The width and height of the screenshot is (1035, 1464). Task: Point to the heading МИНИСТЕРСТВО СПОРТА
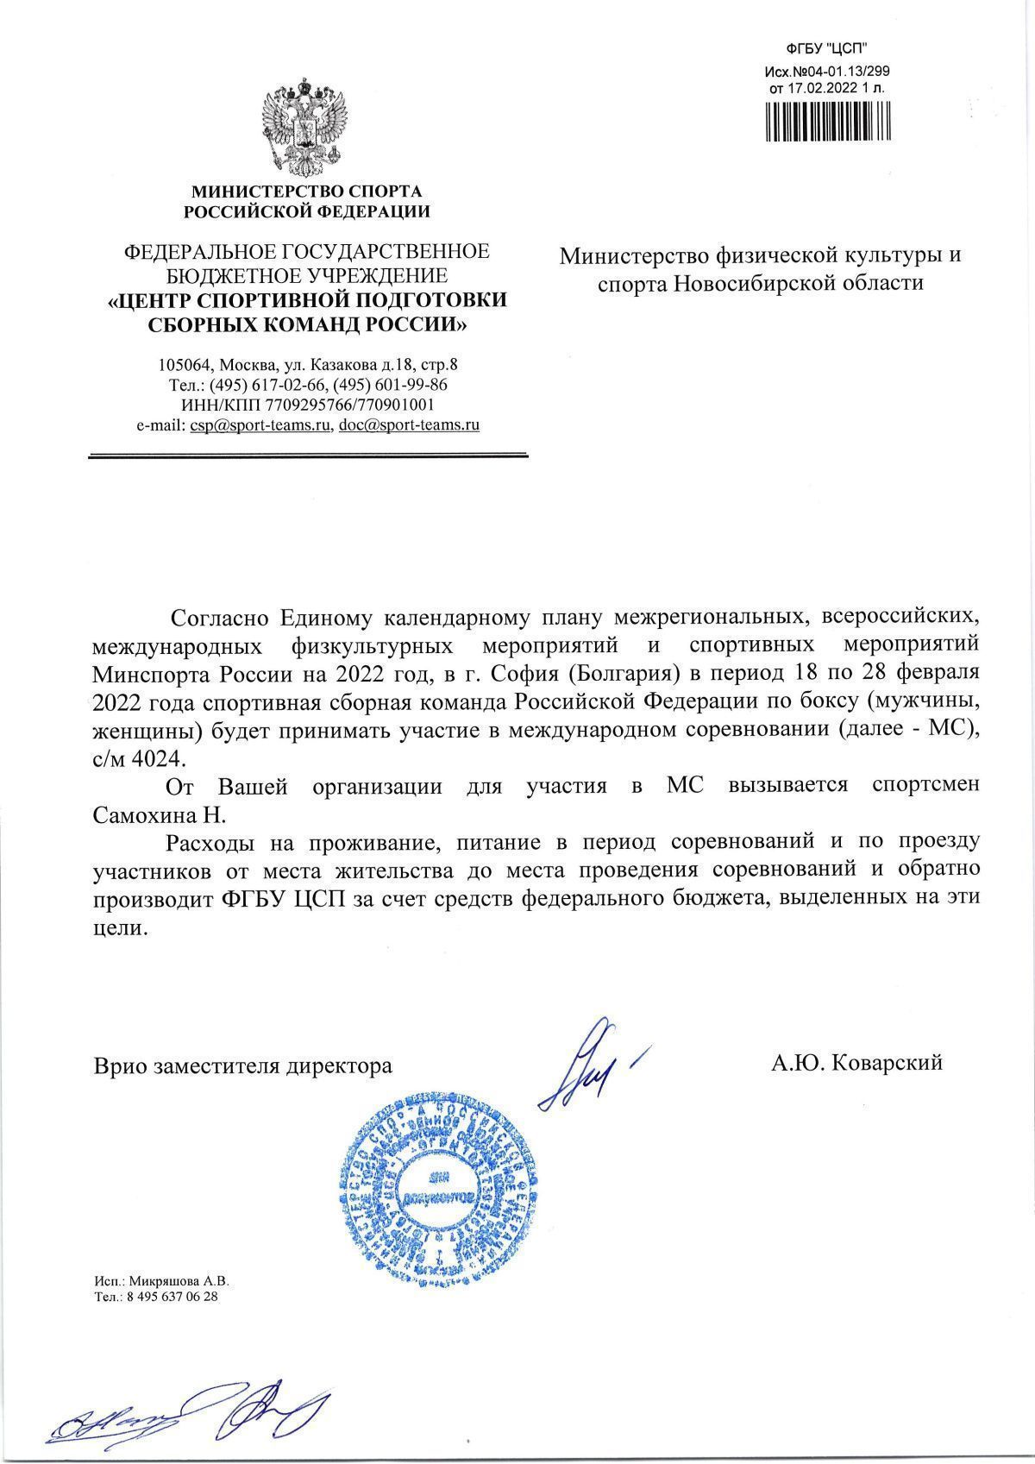click(306, 192)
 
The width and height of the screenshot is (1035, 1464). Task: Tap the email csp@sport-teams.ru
click(261, 425)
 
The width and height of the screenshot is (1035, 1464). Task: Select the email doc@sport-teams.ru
click(410, 425)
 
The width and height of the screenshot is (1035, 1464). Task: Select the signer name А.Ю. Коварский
click(856, 1063)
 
